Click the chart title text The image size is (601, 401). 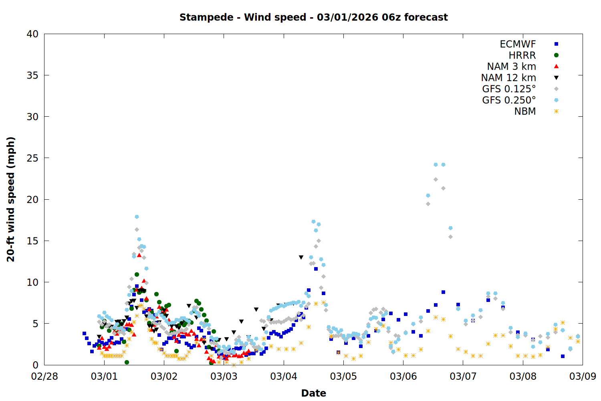click(x=313, y=17)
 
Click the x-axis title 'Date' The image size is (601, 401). click(x=313, y=393)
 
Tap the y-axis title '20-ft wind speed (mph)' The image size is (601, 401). click(x=11, y=199)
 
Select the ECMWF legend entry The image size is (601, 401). click(x=518, y=44)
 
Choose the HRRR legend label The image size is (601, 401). click(x=522, y=55)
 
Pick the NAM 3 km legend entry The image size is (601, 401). click(x=511, y=67)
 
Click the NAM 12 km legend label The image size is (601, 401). click(x=508, y=78)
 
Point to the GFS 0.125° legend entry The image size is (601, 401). click(x=509, y=89)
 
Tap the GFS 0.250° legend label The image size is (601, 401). click(x=509, y=100)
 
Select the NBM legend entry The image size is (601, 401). click(x=525, y=111)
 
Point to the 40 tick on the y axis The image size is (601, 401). click(x=32, y=34)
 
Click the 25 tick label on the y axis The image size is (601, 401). click(x=32, y=158)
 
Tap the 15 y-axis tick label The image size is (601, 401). click(x=32, y=241)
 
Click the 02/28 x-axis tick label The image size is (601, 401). click(x=44, y=377)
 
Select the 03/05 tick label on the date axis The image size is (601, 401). click(x=343, y=377)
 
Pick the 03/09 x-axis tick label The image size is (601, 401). click(x=583, y=377)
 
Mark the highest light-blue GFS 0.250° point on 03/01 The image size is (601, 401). click(x=137, y=217)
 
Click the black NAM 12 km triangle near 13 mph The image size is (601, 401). click(x=301, y=257)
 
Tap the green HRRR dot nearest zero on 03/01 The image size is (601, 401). click(x=127, y=362)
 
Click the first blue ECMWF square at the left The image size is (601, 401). click(x=84, y=333)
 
